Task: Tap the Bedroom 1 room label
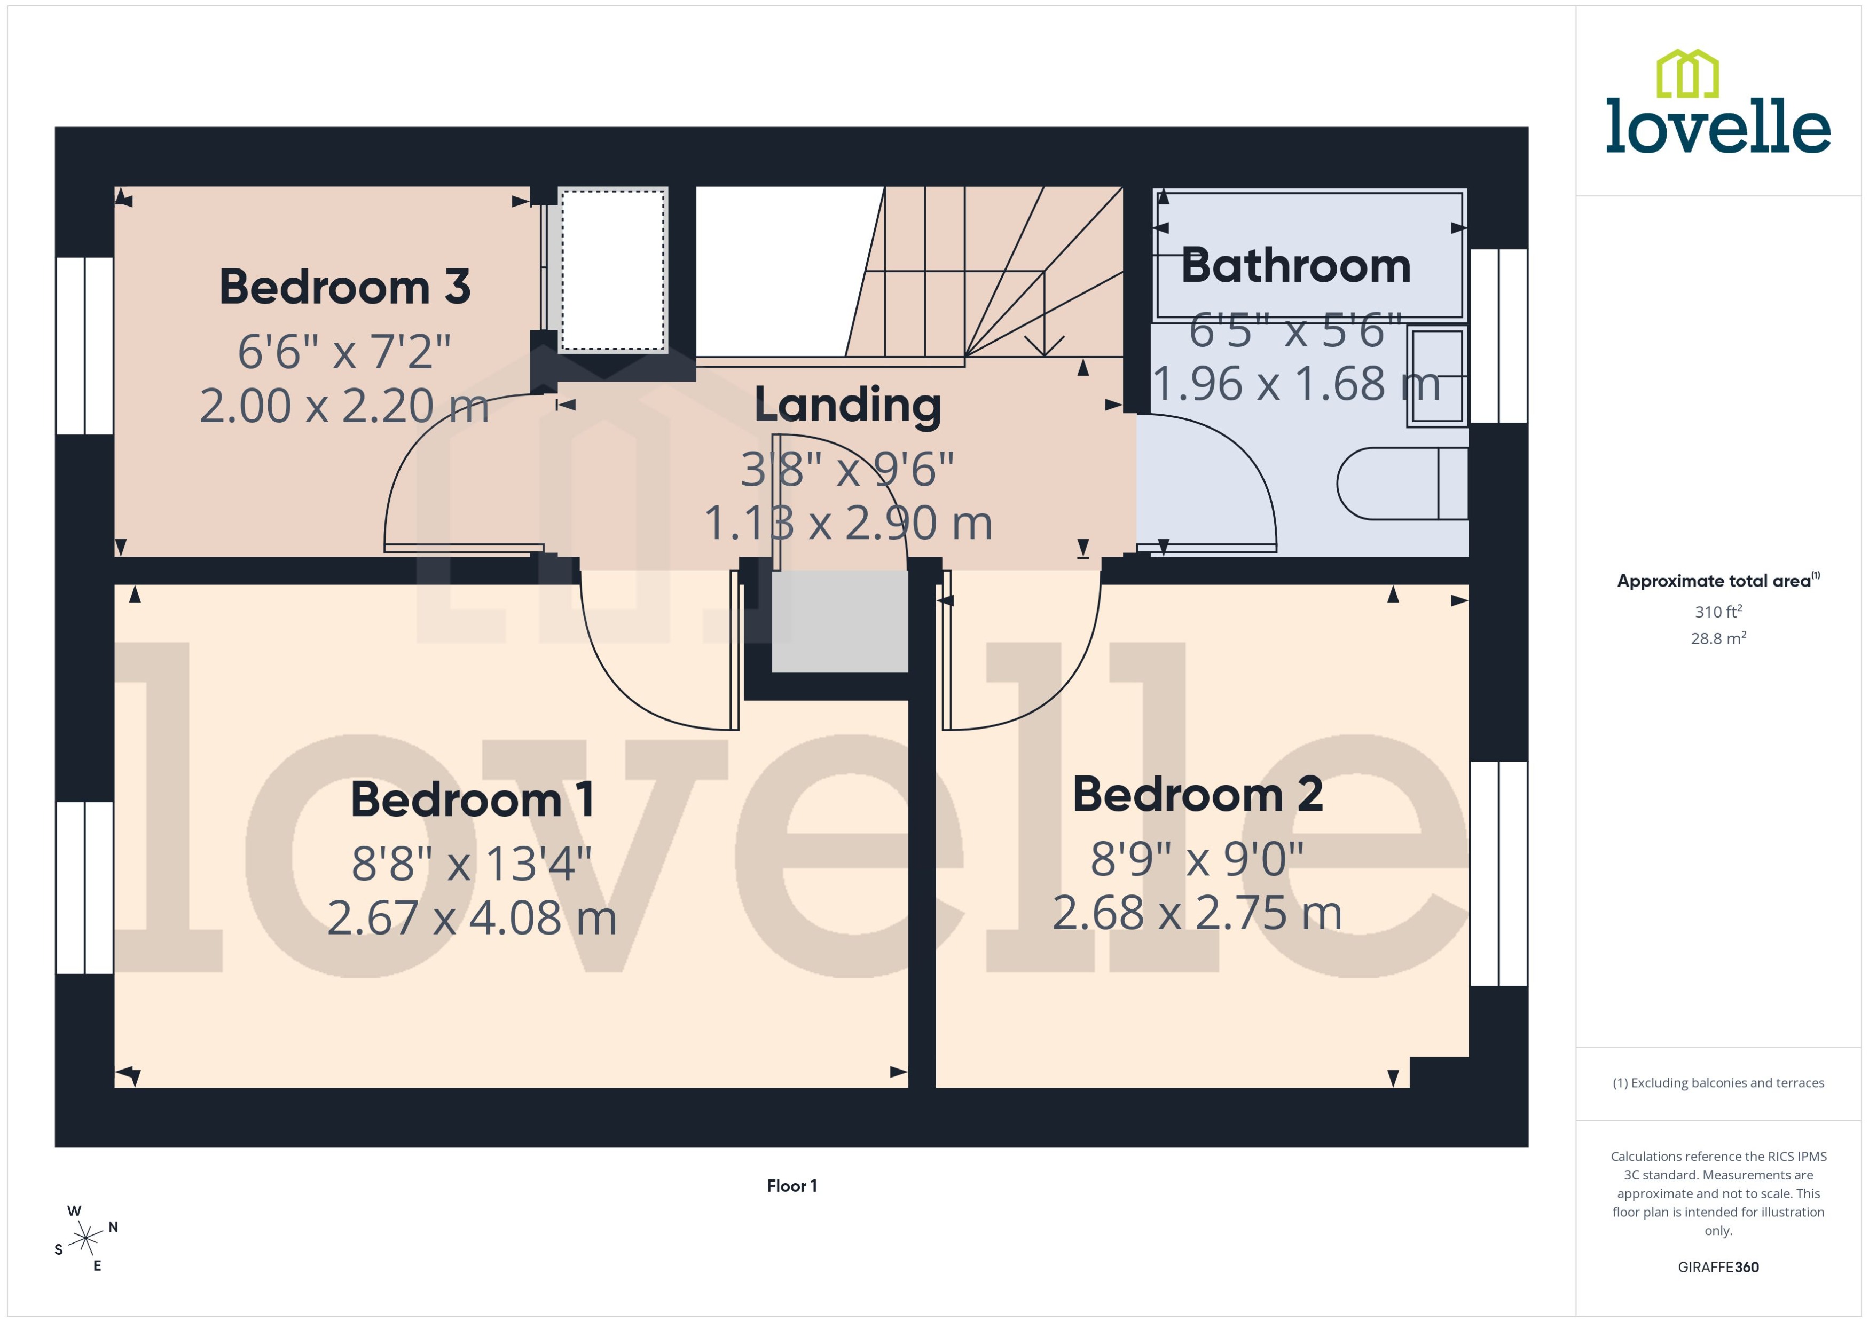473,799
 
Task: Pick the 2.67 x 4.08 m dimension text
473,918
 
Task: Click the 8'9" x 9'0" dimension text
1197,859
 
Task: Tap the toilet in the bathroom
1401,484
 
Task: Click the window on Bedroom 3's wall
85,346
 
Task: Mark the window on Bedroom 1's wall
85,888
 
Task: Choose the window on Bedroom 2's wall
1498,874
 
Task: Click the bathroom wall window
1498,335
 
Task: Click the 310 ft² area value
1718,611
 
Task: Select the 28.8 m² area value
1718,638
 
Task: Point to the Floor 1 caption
791,1186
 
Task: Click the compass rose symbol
85,1239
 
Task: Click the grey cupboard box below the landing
839,621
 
